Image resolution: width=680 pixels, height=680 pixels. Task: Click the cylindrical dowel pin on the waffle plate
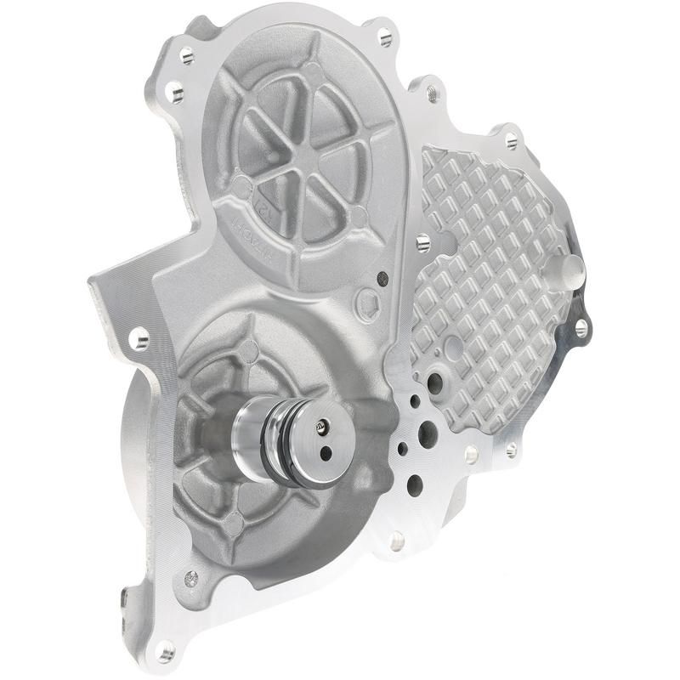point(572,271)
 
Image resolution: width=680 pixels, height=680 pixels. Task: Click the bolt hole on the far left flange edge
point(139,340)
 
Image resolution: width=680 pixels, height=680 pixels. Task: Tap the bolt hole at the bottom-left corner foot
point(165,653)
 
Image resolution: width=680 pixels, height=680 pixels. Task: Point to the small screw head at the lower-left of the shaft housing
point(191,578)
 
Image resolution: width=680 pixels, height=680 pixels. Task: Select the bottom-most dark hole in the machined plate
point(415,484)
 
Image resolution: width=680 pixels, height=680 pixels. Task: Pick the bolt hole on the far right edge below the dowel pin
point(581,326)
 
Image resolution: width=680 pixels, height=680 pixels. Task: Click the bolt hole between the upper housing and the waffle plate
point(422,244)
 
